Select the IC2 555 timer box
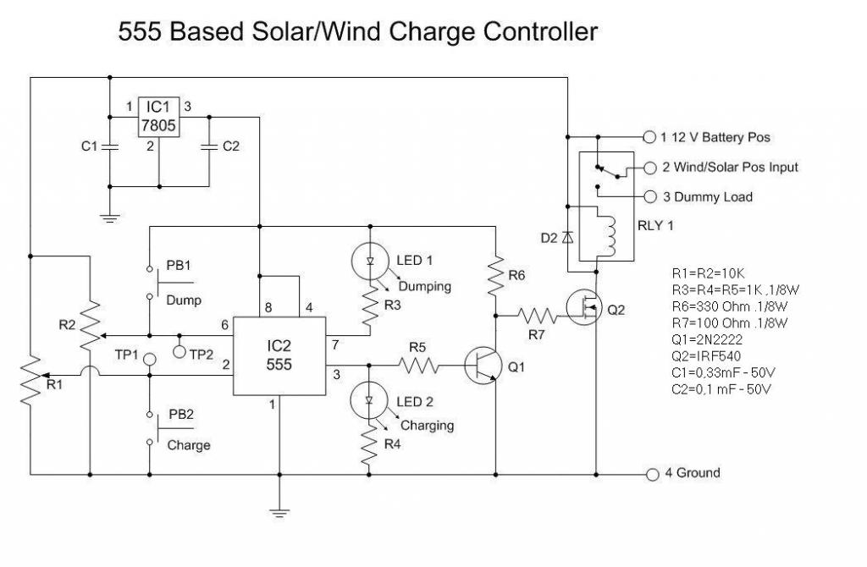(x=280, y=356)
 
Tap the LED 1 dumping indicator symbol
(x=370, y=261)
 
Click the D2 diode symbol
(x=567, y=238)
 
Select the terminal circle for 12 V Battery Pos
(x=650, y=136)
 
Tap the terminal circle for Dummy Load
(x=650, y=196)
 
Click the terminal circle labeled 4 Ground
(x=652, y=474)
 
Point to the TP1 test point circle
(x=149, y=360)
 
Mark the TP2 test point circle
(x=179, y=349)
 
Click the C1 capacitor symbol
(x=110, y=146)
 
